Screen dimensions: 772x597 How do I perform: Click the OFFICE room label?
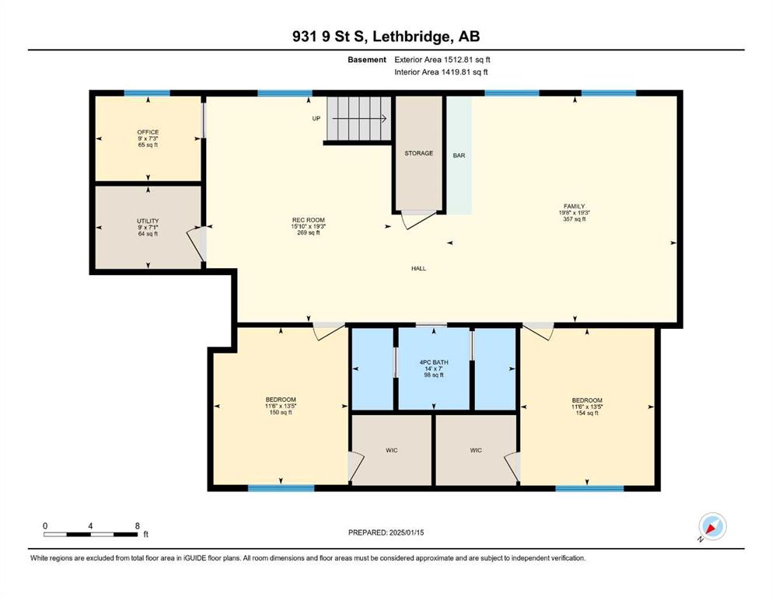(x=148, y=132)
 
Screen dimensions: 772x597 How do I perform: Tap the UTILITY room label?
(x=148, y=221)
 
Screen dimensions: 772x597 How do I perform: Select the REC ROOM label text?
(x=308, y=220)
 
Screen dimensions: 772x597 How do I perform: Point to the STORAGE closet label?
(x=419, y=153)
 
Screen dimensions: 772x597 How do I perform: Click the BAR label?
(x=459, y=155)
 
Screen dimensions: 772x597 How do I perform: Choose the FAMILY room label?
(x=574, y=206)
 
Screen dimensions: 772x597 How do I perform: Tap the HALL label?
(x=418, y=268)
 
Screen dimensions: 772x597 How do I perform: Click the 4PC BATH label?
(x=434, y=362)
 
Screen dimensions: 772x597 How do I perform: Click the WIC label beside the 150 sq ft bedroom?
(x=392, y=450)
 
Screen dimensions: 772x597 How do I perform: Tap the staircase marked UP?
(x=359, y=118)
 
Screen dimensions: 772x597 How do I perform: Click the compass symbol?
(x=712, y=526)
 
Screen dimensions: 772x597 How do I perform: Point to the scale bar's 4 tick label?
(x=90, y=525)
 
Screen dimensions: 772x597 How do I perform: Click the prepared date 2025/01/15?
(x=406, y=532)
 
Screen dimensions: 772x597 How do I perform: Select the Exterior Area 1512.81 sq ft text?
(x=442, y=60)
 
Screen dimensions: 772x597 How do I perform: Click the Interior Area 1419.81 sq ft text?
(x=441, y=72)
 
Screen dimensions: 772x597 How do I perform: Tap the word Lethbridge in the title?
(x=410, y=37)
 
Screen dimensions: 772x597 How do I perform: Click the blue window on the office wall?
(x=147, y=93)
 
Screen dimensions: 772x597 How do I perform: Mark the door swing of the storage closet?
(x=418, y=219)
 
